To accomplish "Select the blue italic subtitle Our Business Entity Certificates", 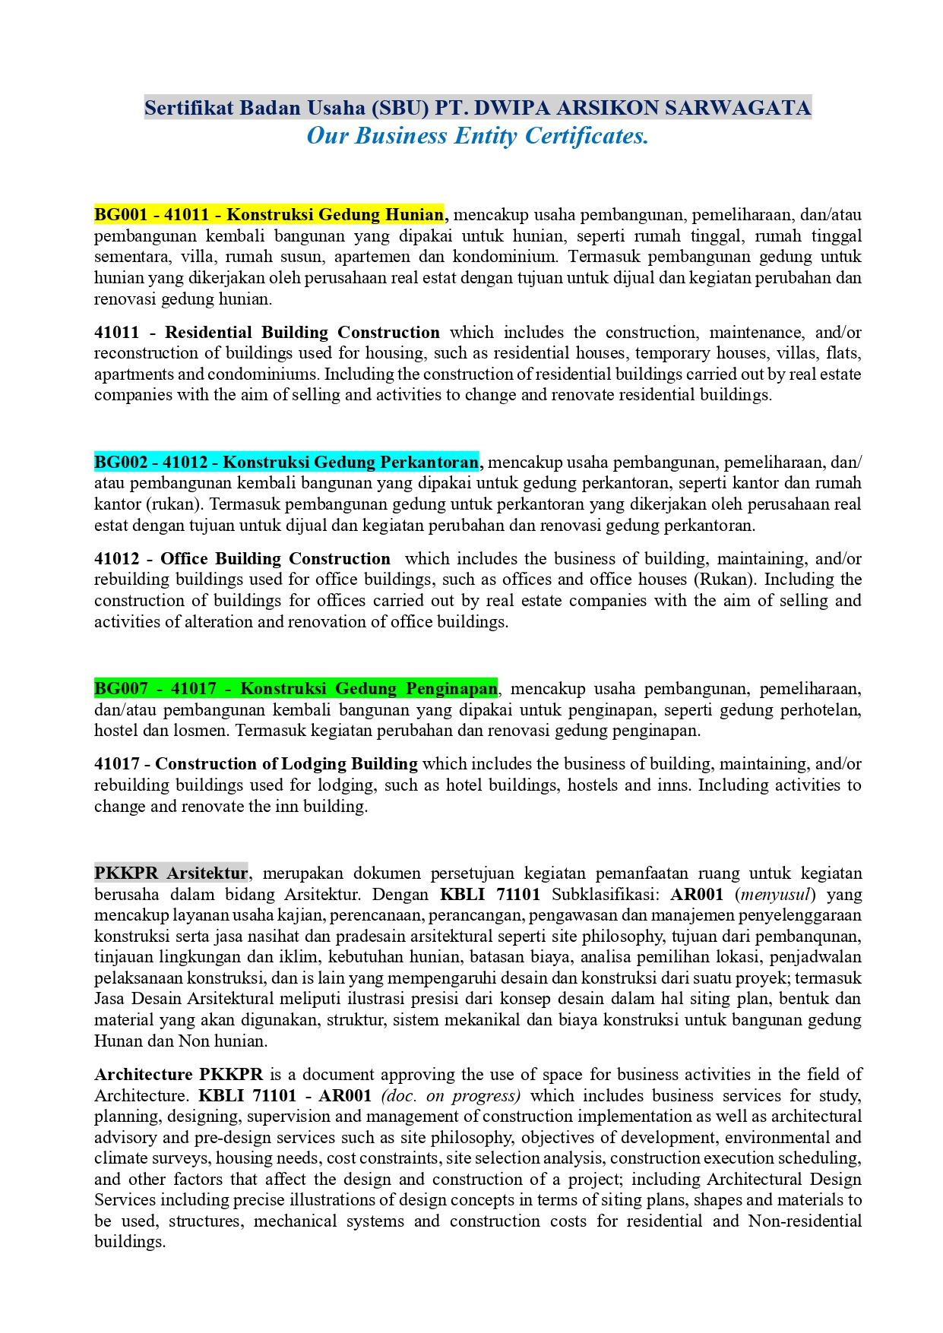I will tap(477, 136).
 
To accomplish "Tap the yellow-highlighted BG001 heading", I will tap(269, 214).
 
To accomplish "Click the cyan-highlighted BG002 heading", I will tap(286, 462).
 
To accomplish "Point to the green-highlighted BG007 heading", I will tap(296, 689).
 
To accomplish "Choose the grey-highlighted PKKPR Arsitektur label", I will tap(171, 873).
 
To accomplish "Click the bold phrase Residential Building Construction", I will tap(302, 332).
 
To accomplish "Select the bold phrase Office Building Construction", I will tap(275, 558).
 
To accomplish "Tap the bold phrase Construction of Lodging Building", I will tap(286, 763).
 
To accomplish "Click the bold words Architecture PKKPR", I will tap(179, 1074).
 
